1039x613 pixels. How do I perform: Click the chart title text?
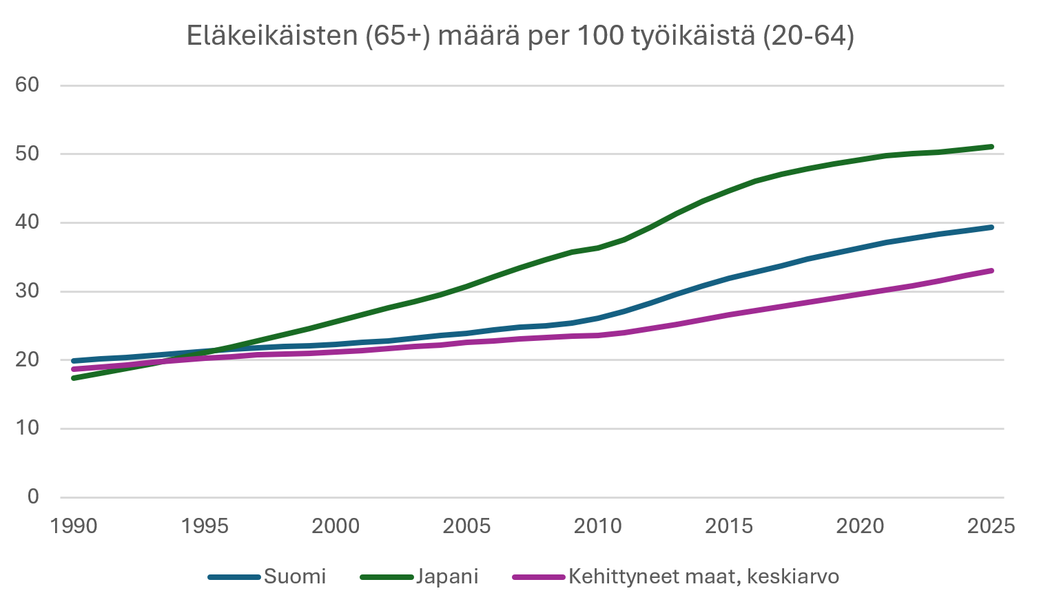pyautogui.click(x=520, y=36)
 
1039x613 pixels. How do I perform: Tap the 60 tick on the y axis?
pyautogui.click(x=28, y=85)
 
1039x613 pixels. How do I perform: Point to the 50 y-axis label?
pyautogui.click(x=28, y=154)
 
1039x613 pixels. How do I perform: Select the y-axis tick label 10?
pyautogui.click(x=28, y=428)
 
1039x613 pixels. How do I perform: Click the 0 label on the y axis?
pyautogui.click(x=33, y=497)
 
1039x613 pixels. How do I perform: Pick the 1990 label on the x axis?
pyautogui.click(x=74, y=527)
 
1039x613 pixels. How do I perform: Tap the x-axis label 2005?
pyautogui.click(x=466, y=527)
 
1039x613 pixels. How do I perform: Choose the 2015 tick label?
pyautogui.click(x=729, y=527)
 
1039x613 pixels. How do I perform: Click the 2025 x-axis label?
pyautogui.click(x=991, y=527)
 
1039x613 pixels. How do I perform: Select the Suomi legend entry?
pyautogui.click(x=294, y=576)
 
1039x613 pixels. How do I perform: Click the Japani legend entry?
pyautogui.click(x=446, y=576)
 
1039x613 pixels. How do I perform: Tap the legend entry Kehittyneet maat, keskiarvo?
pyautogui.click(x=703, y=576)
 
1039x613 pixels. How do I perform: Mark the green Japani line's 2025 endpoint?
pyautogui.click(x=991, y=147)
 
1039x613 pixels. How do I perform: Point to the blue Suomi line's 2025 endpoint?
pyautogui.click(x=991, y=227)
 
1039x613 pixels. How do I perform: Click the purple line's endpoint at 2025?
pyautogui.click(x=991, y=271)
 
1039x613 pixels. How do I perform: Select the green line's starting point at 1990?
pyautogui.click(x=74, y=378)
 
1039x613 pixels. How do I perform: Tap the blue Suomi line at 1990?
pyautogui.click(x=74, y=361)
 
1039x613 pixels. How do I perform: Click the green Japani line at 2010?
pyautogui.click(x=598, y=247)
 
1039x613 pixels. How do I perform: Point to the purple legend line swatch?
pyautogui.click(x=539, y=576)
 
